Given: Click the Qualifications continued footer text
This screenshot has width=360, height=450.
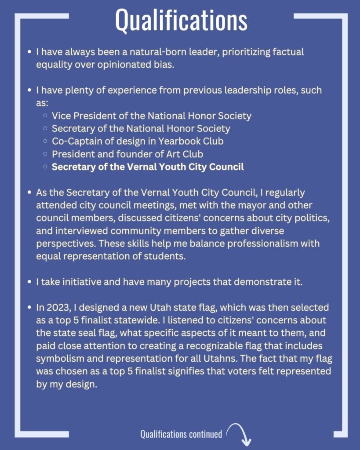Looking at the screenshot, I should pyautogui.click(x=181, y=434).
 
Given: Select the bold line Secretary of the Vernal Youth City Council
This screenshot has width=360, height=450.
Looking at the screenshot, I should pyautogui.click(x=148, y=167).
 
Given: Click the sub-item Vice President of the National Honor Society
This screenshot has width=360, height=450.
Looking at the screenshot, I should pyautogui.click(x=151, y=116).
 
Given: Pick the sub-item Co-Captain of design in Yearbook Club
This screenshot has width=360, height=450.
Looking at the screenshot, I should pyautogui.click(x=138, y=142).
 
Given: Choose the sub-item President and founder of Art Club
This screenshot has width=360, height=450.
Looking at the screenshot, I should pyautogui.click(x=127, y=154).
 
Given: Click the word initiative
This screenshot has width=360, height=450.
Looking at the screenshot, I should pyautogui.click(x=76, y=282).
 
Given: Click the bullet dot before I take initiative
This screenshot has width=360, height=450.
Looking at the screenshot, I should pyautogui.click(x=29, y=282).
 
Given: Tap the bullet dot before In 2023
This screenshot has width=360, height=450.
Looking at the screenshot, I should pyautogui.click(x=29, y=307).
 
